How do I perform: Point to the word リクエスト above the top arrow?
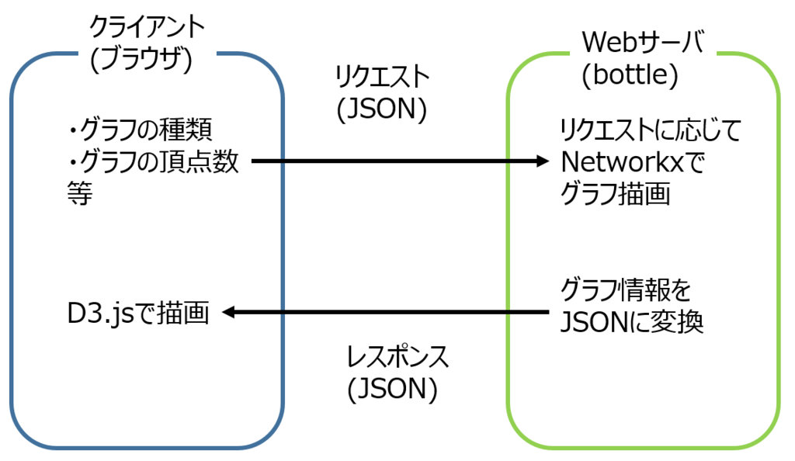[381, 78]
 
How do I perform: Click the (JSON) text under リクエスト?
[381, 109]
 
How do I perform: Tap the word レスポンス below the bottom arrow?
[397, 358]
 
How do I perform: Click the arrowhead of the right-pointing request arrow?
[542, 161]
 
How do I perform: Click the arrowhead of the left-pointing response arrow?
[231, 312]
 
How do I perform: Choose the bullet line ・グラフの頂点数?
[153, 162]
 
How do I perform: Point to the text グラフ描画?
[614, 196]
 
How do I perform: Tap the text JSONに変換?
[631, 322]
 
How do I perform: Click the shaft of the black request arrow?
[388, 161]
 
